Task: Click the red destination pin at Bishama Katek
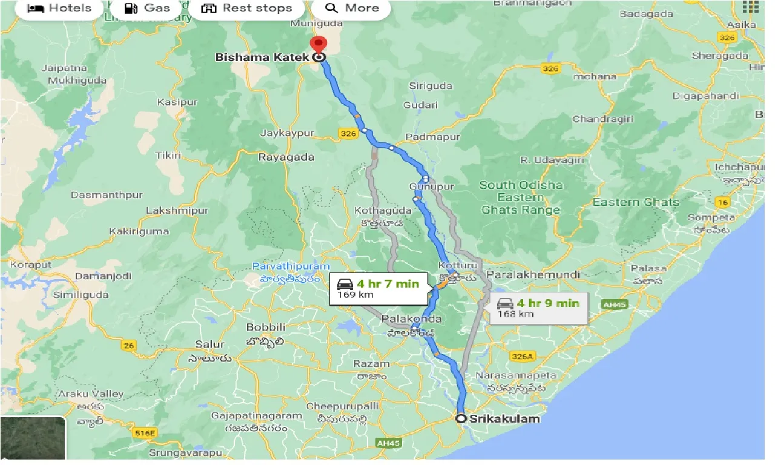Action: [318, 45]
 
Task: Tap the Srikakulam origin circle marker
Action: [461, 418]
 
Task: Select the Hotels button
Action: [59, 8]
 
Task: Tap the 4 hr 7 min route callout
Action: [378, 289]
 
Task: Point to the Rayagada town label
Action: [286, 157]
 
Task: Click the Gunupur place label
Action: [431, 186]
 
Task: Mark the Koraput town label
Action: [25, 265]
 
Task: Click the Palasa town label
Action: [648, 268]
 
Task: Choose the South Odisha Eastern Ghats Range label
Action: [521, 197]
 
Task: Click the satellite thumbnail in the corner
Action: [33, 439]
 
